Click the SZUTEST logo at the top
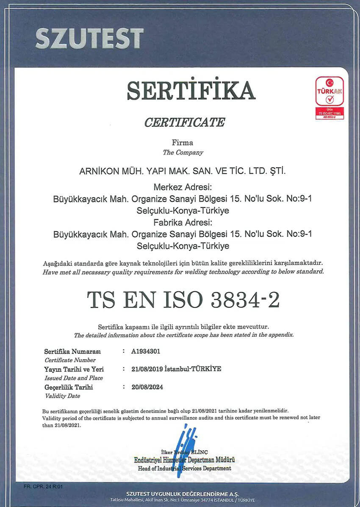(89, 39)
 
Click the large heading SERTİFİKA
(191, 90)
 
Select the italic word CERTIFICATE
(185, 122)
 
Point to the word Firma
(183, 143)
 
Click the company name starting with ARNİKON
(183, 172)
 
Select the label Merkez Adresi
(183, 187)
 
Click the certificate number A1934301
(146, 351)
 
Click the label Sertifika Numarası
(72, 352)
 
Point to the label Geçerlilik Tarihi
(69, 387)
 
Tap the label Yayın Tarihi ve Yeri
(74, 369)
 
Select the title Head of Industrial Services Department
(185, 468)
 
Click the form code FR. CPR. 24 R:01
(43, 487)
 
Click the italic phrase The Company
(183, 152)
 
